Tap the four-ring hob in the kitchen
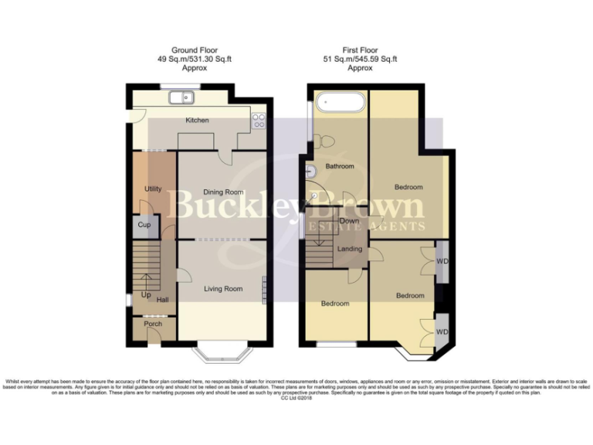click(x=258, y=120)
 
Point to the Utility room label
click(x=152, y=189)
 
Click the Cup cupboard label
click(x=144, y=225)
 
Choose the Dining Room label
click(x=223, y=192)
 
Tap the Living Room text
click(x=223, y=289)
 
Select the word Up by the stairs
click(x=145, y=294)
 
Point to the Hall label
click(x=162, y=301)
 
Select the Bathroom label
click(x=339, y=166)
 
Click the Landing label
click(x=350, y=248)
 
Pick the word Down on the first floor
click(x=350, y=221)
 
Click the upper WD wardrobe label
click(x=442, y=260)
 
